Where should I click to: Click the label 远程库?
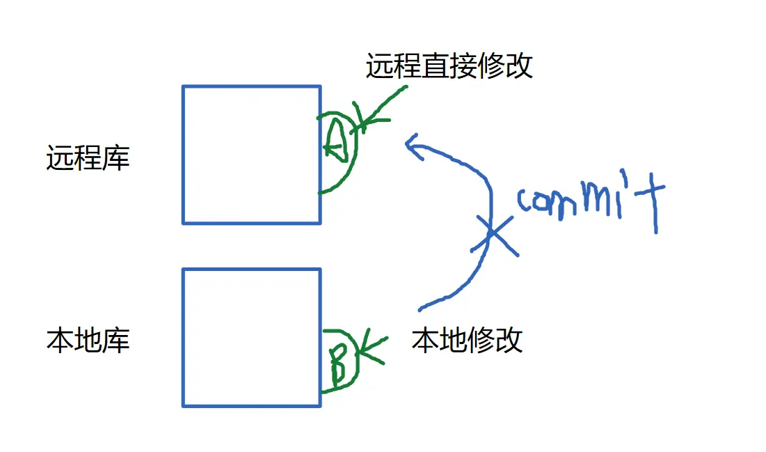pos(88,159)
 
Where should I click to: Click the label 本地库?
pos(88,341)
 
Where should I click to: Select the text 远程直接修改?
pos(449,65)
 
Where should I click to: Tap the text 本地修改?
pos(467,341)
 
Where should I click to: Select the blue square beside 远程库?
pos(251,154)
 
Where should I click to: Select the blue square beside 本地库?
pos(251,337)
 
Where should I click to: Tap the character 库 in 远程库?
pos(116,159)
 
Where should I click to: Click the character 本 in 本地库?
pos(60,341)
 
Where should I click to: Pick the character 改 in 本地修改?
pos(509,341)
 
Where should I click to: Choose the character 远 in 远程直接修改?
pos(380,65)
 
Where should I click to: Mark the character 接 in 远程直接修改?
pos(463,65)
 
